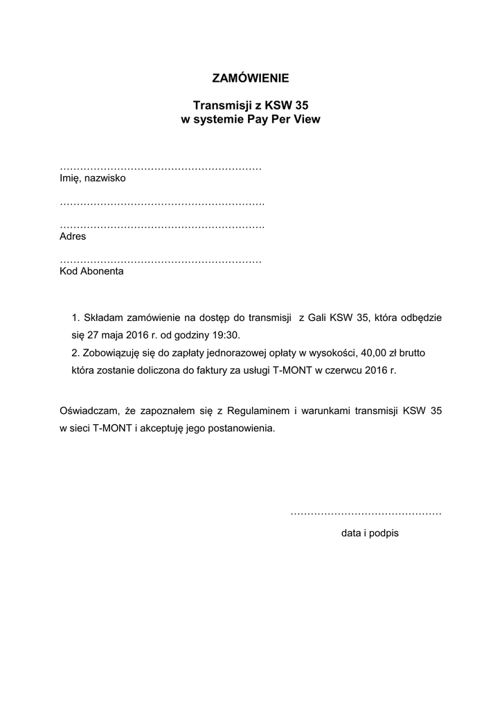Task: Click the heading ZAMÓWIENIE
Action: pyautogui.click(x=251, y=78)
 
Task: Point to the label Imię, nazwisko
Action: pyautogui.click(x=93, y=178)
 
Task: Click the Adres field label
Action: pyautogui.click(x=73, y=236)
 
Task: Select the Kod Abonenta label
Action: pyautogui.click(x=92, y=271)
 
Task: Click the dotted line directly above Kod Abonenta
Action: pyautogui.click(x=161, y=261)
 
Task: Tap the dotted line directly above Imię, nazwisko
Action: pyautogui.click(x=161, y=168)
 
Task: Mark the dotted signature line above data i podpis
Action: pyautogui.click(x=366, y=513)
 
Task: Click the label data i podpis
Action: pyautogui.click(x=370, y=534)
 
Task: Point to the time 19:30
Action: pyautogui.click(x=226, y=335)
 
